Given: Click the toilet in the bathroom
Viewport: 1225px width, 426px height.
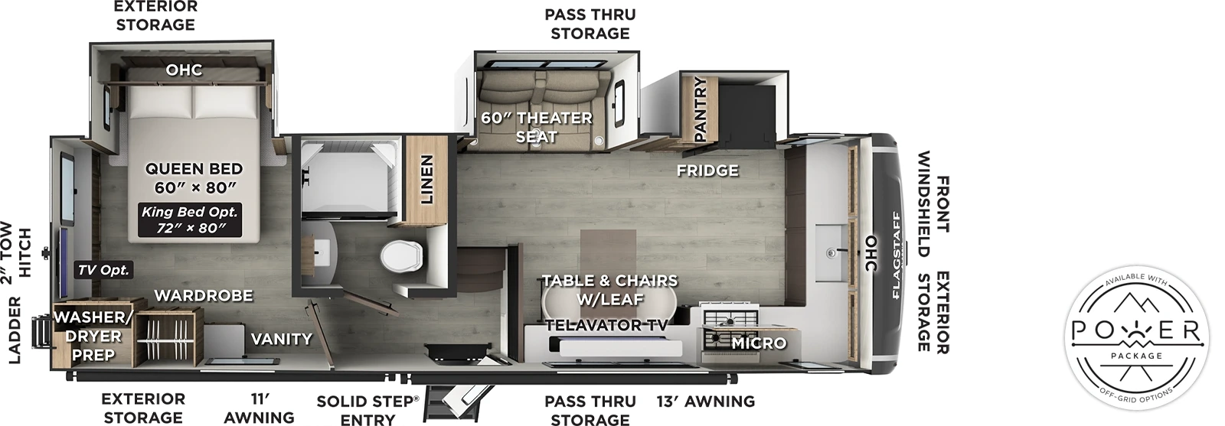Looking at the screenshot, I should [x=401, y=254].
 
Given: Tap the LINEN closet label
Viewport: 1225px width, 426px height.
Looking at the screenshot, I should [x=426, y=180].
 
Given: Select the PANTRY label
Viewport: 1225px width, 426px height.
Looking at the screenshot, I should [x=699, y=109].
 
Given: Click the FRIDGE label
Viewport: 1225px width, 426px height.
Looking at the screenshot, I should [x=707, y=171].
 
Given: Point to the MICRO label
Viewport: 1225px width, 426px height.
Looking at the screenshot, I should [x=758, y=343].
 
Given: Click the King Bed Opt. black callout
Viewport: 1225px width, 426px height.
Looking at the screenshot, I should [x=189, y=220].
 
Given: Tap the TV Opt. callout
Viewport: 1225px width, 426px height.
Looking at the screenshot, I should [x=104, y=270].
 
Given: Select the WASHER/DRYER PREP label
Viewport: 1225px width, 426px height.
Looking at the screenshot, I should [x=93, y=336].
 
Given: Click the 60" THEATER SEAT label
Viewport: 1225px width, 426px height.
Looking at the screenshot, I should [x=536, y=127].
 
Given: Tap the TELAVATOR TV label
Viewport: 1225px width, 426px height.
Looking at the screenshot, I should [x=606, y=325].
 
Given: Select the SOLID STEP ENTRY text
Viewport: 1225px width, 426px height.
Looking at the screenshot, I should [x=367, y=410].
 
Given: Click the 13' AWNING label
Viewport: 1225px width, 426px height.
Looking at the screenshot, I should [x=705, y=402].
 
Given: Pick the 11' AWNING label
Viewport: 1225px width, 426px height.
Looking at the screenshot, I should [x=260, y=408].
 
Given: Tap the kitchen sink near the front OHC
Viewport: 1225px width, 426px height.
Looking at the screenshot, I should [x=831, y=252].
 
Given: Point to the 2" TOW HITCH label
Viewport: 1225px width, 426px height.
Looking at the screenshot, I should [x=15, y=252].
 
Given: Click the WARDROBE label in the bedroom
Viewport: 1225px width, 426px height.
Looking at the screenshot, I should [x=203, y=295].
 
